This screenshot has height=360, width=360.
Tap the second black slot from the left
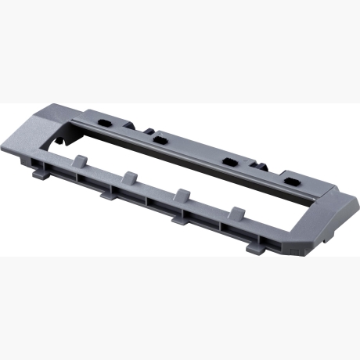(160, 139)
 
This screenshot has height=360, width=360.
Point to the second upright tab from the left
(130, 176)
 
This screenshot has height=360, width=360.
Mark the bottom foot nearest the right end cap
(254, 247)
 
